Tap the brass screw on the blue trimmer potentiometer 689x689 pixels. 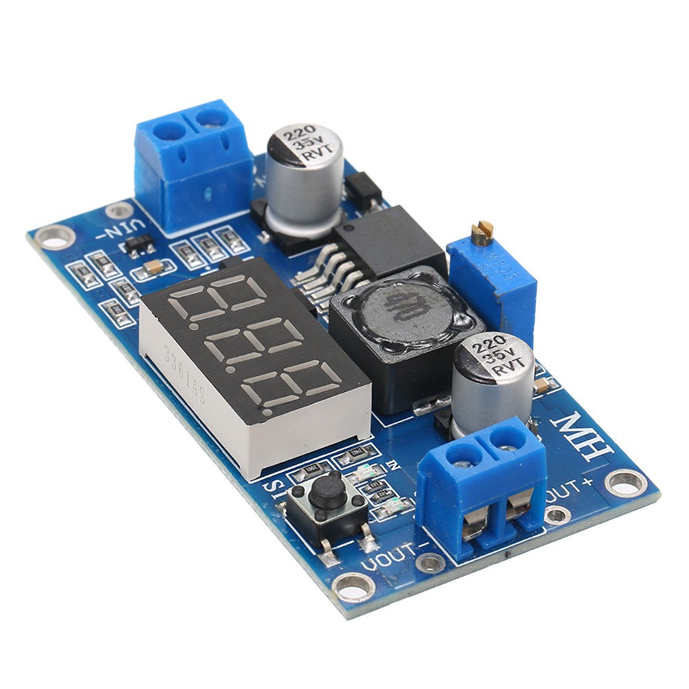click(x=484, y=232)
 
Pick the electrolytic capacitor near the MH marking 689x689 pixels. click(x=493, y=382)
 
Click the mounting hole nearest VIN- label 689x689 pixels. click(x=54, y=237)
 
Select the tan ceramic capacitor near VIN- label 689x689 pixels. click(x=154, y=267)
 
